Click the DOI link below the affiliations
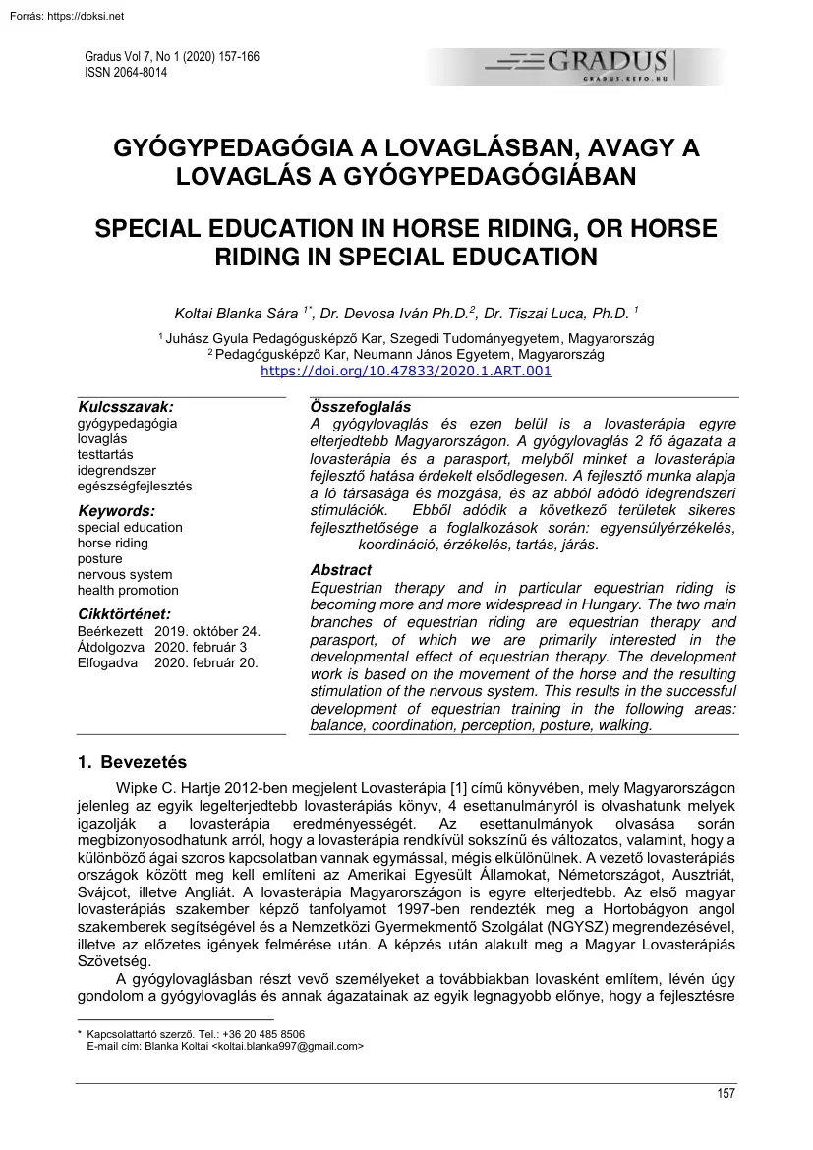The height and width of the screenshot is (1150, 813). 406,372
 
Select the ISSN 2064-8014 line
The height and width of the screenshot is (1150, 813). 127,73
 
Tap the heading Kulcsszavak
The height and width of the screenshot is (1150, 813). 125,406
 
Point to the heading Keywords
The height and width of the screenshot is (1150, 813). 116,511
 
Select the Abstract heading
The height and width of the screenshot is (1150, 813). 340,570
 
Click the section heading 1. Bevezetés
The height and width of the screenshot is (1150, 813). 132,762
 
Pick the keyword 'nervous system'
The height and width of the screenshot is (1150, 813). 125,575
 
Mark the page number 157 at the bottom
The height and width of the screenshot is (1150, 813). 725,1093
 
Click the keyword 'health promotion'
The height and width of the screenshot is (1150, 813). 128,591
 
